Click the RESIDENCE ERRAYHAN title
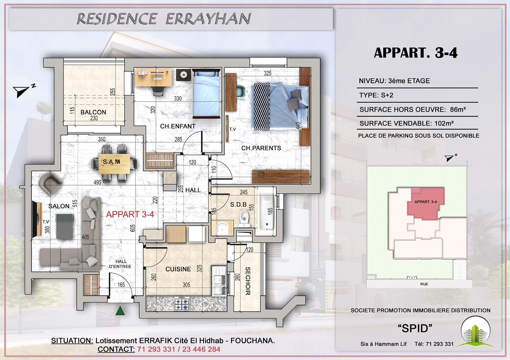163,18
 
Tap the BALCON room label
93,112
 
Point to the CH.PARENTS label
261,148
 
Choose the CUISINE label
178,269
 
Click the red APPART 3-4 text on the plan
130,214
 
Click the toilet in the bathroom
244,218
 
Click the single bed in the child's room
206,94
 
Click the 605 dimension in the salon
133,227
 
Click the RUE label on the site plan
424,284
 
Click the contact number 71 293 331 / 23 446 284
178,349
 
